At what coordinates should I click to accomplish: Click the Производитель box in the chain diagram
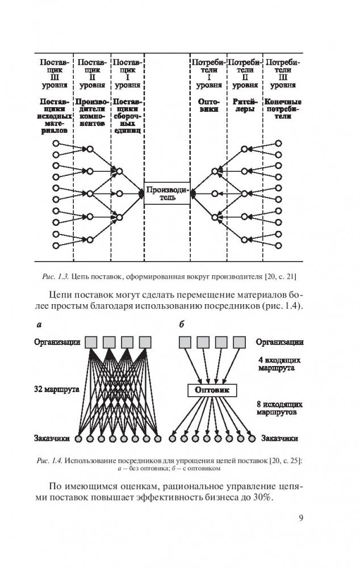click(168, 194)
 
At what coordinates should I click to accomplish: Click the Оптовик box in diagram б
click(211, 391)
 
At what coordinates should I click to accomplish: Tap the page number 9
click(300, 516)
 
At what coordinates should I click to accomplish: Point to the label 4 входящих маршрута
click(279, 364)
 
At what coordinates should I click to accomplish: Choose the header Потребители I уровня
click(207, 73)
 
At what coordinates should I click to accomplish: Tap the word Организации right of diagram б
click(279, 342)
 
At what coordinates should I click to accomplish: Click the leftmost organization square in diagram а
click(91, 342)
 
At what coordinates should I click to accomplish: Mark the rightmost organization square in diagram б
click(236, 342)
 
